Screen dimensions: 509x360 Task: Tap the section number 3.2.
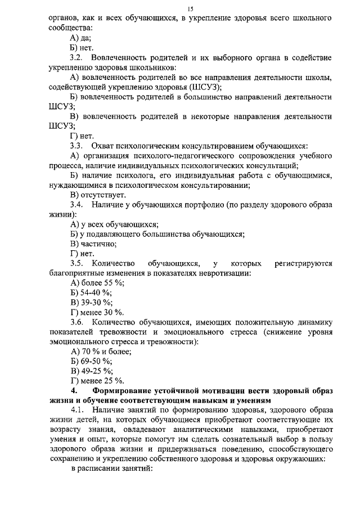[76, 57]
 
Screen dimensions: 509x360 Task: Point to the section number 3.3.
[76, 146]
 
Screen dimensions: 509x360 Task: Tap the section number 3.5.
[76, 263]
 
